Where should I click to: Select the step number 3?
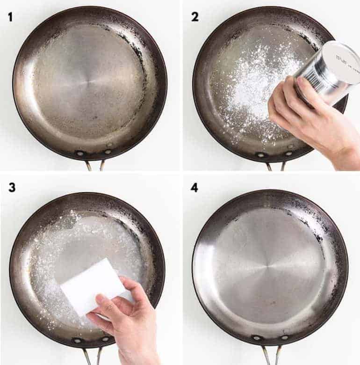pyautogui.click(x=12, y=188)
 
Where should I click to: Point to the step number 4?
pyautogui.click(x=194, y=188)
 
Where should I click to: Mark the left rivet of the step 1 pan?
pyautogui.click(x=80, y=153)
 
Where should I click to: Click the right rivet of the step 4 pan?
pyautogui.click(x=284, y=337)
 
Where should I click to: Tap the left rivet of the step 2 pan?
pyautogui.click(x=260, y=154)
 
